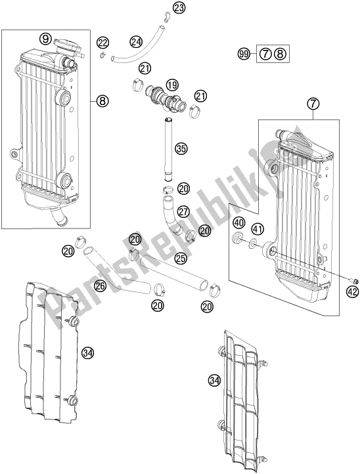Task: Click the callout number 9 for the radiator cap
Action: click(45, 39)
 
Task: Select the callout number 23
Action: click(179, 8)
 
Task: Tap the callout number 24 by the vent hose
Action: click(137, 42)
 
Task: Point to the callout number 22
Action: click(103, 43)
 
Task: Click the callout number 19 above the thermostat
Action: click(172, 85)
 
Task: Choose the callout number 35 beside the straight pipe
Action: click(181, 148)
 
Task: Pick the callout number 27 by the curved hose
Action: click(183, 211)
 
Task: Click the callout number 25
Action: click(181, 258)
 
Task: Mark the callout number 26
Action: click(100, 286)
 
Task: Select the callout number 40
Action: click(238, 223)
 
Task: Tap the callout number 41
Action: click(258, 229)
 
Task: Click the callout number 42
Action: click(352, 291)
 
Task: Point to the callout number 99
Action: click(244, 54)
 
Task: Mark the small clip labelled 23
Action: click(166, 18)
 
